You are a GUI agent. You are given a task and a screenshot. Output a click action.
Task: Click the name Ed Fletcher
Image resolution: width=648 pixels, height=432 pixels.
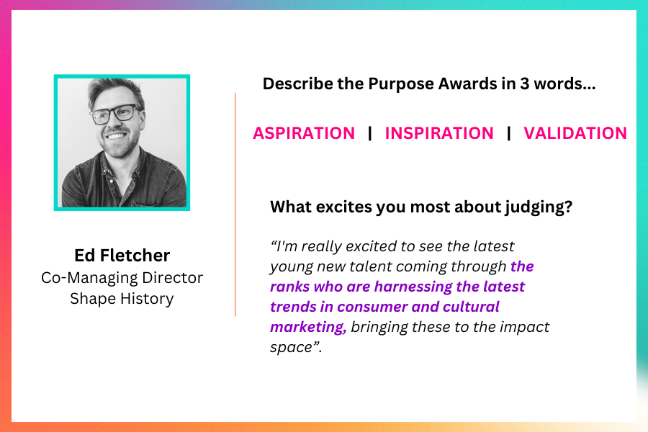(x=122, y=255)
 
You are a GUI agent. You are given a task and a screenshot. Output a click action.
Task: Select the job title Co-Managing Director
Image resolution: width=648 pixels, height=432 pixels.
(x=122, y=278)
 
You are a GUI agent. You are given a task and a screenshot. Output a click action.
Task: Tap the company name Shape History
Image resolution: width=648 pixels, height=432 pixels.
(x=122, y=299)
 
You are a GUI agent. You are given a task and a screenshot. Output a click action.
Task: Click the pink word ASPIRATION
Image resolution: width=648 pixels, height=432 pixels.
(x=304, y=133)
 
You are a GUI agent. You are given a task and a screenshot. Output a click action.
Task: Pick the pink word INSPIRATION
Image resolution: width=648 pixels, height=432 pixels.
(x=439, y=133)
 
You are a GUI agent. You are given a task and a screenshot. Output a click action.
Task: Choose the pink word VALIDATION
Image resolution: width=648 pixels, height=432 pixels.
(x=575, y=133)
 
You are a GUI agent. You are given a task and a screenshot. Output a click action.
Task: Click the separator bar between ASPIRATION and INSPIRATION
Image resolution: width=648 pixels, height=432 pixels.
(x=370, y=133)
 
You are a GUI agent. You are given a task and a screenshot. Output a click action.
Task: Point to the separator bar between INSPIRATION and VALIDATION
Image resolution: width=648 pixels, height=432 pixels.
(x=509, y=133)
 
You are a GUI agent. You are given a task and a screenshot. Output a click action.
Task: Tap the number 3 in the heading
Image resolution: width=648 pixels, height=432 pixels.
(x=524, y=84)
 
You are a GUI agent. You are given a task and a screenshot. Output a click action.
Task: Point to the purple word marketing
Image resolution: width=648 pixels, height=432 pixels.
(x=308, y=327)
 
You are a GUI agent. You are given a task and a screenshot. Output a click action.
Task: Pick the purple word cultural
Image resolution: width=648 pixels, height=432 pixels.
(x=471, y=307)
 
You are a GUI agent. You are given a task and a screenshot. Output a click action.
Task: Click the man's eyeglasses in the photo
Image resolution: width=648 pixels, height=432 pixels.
(x=116, y=113)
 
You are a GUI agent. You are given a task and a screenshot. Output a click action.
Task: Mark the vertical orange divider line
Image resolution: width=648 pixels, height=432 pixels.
(x=235, y=204)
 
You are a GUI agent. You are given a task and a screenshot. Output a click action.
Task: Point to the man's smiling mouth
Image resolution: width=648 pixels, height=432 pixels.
(x=116, y=135)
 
